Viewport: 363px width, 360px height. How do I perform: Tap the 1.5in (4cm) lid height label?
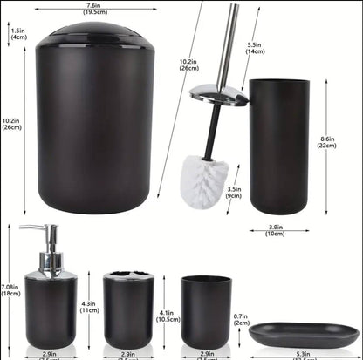pos(18,34)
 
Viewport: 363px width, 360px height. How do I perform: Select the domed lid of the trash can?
pos(95,34)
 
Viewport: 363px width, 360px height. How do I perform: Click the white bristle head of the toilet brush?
pos(205,176)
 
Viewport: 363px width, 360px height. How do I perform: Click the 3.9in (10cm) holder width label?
pos(275,229)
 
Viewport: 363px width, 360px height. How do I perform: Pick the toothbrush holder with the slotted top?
pos(127,311)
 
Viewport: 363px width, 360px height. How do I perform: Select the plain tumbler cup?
pos(206,311)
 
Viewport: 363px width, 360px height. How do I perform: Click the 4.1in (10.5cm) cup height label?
pos(168,316)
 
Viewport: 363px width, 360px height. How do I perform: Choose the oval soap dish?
pos(303,334)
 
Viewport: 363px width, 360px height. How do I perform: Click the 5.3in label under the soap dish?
pos(304,354)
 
